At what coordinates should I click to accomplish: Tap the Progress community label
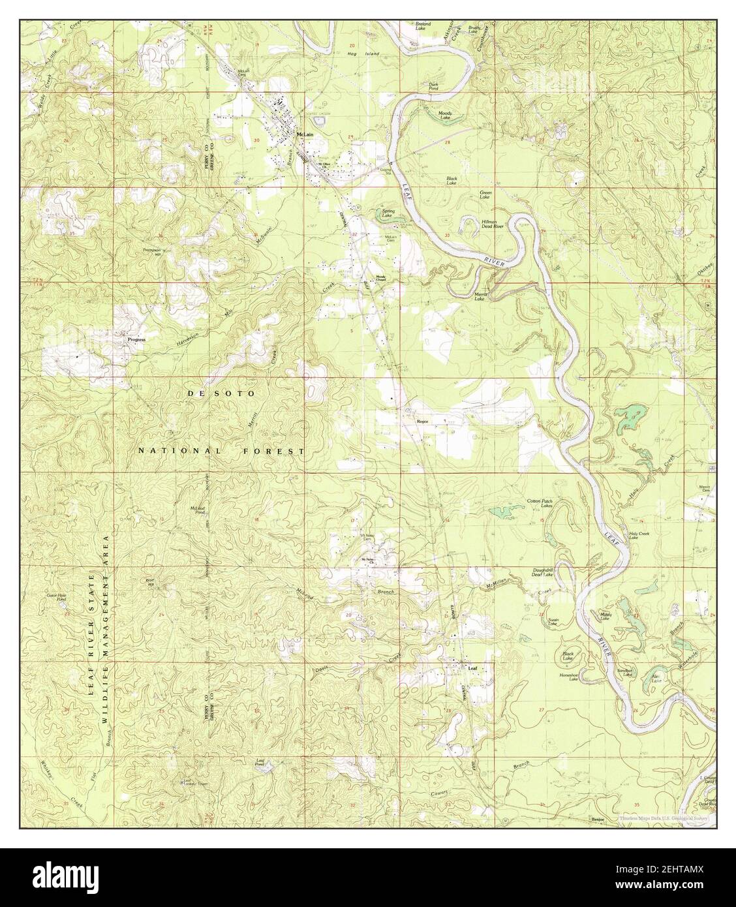tap(136, 339)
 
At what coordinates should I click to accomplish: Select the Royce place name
tap(422, 422)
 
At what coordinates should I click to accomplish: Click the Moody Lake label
tap(445, 115)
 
